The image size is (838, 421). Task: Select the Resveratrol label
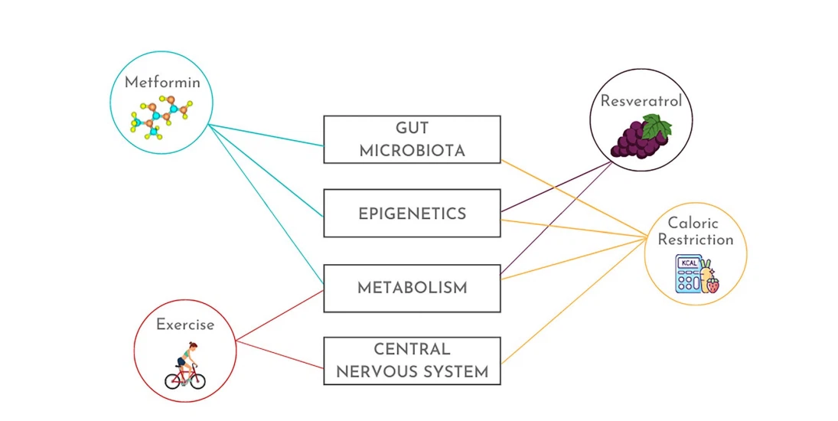[x=641, y=101]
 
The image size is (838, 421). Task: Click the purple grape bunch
[x=637, y=140]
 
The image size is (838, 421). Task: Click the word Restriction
[x=696, y=240]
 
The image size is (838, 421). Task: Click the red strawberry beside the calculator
[x=712, y=286]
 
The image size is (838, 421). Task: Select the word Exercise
[x=185, y=325]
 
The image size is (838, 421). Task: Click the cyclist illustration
[x=185, y=366]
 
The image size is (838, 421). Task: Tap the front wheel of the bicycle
[x=197, y=380]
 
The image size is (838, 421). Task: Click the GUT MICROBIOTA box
[x=412, y=139]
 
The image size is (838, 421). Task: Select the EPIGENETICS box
[x=412, y=214]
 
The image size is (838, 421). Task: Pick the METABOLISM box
[x=412, y=288]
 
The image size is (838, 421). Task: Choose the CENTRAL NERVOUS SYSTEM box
[x=412, y=361]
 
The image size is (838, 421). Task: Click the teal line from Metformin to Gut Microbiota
[x=268, y=135]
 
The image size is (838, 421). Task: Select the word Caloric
[x=693, y=224]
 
